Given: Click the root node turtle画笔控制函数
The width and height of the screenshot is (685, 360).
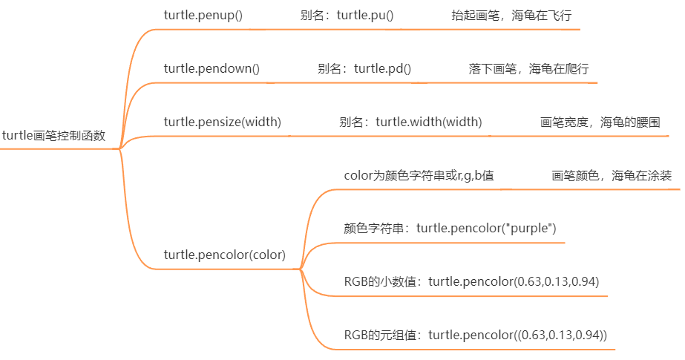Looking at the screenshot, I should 53,136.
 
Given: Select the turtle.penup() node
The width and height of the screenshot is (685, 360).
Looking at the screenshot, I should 203,15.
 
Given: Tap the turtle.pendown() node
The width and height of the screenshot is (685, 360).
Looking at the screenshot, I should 212,69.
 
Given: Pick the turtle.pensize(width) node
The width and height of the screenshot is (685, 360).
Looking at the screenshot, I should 222,122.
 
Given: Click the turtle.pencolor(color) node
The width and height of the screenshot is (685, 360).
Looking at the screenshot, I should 224,255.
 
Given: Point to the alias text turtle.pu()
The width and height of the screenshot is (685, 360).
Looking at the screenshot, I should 365,15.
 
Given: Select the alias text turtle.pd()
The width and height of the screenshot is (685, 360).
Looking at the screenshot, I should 382,69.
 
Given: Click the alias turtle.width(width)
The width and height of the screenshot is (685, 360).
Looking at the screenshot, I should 428,122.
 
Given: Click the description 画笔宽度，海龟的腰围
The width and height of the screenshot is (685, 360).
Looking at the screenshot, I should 600,122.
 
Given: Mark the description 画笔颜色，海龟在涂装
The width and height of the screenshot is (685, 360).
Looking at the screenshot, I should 612,176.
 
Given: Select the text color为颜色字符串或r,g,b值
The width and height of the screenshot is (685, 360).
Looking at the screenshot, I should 419,176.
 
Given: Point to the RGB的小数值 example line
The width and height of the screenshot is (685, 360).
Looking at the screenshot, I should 471,281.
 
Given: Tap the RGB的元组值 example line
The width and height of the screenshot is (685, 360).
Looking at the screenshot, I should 475,335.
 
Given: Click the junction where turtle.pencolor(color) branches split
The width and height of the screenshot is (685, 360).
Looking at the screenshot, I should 301,269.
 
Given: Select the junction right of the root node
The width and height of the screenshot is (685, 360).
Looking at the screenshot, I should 119,148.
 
